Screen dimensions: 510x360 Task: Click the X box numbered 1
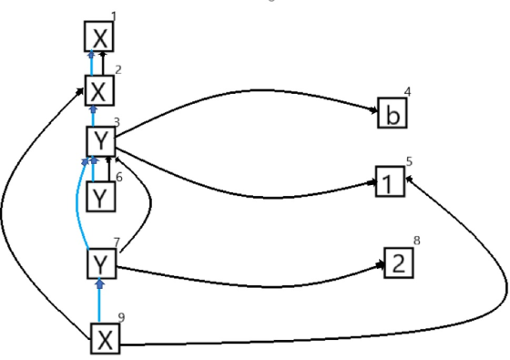(99, 36)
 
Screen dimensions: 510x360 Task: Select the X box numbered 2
(99, 90)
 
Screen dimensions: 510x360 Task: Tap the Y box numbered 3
(101, 141)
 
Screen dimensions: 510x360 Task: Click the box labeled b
(393, 113)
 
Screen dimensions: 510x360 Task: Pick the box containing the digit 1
(391, 181)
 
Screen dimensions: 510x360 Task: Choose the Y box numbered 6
(100, 197)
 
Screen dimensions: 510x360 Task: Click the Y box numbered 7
(102, 263)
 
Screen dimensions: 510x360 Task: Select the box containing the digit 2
(399, 262)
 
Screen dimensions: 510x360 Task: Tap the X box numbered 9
(106, 338)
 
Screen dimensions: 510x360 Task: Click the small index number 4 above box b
(408, 92)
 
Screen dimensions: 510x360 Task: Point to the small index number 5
(409, 161)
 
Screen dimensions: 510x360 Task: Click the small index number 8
(417, 241)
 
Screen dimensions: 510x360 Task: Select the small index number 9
(121, 317)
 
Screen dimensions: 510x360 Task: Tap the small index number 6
(119, 178)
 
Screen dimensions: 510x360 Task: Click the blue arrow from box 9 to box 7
(99, 301)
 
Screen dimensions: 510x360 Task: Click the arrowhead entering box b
(373, 110)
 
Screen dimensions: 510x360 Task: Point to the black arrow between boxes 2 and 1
(103, 64)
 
